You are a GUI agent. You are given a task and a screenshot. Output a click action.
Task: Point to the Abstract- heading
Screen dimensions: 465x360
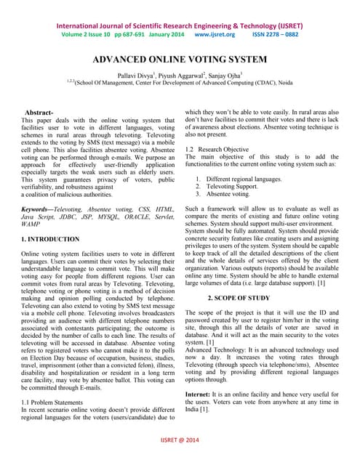pos(39,113)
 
